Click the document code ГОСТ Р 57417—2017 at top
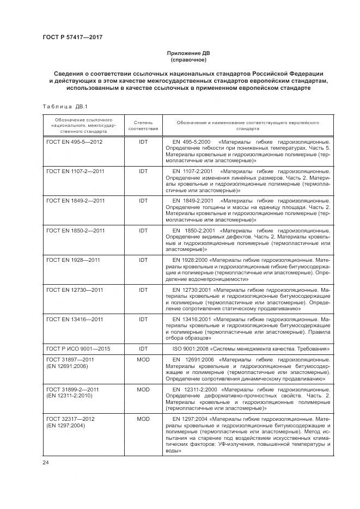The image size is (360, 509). (72, 37)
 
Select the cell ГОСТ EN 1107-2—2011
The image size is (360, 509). (76, 171)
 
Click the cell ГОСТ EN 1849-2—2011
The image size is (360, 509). (76, 201)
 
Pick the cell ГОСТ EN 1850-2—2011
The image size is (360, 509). (76, 231)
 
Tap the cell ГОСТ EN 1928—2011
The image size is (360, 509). (73, 260)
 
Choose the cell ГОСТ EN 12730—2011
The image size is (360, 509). (75, 290)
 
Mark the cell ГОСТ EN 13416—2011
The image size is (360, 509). (75, 320)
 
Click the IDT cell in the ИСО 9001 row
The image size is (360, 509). (143, 348)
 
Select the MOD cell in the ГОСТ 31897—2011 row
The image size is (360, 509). (143, 360)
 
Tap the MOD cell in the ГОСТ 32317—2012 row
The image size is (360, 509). (143, 419)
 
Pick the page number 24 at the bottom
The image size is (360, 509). (46, 463)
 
